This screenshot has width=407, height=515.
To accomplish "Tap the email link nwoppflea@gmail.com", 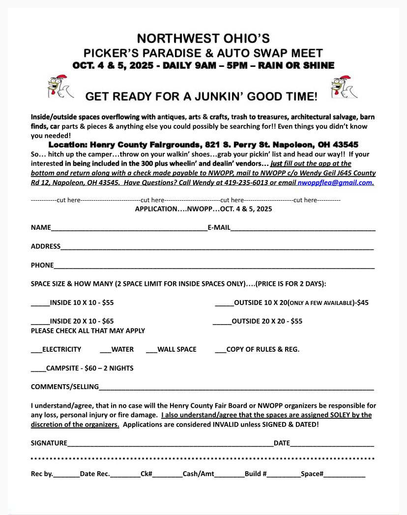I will [x=335, y=182].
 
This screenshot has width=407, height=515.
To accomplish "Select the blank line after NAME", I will [x=129, y=228].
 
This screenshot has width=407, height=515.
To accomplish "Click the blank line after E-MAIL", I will [x=303, y=228].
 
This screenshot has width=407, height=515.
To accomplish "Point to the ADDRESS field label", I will [x=46, y=246].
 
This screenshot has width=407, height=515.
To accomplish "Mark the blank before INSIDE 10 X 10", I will [x=40, y=303].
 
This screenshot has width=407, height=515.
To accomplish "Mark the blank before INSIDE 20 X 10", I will [x=40, y=322].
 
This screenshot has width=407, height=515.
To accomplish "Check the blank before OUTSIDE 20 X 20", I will [x=222, y=322].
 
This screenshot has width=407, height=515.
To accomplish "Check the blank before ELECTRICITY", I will [x=36, y=350].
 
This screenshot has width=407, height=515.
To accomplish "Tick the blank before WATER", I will [x=105, y=350].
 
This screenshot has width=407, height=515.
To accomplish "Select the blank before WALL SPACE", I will [x=151, y=350].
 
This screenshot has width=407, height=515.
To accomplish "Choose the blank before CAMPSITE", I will [x=38, y=369].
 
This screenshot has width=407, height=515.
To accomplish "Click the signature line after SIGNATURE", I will [x=170, y=444].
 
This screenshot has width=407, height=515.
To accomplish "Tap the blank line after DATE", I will [x=332, y=444].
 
